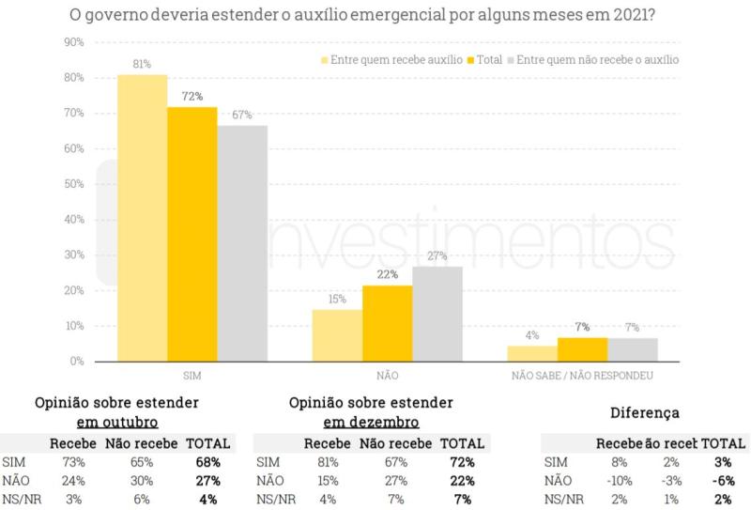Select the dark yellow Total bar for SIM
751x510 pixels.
click(x=192, y=234)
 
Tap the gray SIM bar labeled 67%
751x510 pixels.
click(x=242, y=243)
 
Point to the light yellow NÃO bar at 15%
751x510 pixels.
click(x=337, y=335)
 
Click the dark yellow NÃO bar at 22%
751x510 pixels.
click(x=388, y=323)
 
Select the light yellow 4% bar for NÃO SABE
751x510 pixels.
click(x=532, y=354)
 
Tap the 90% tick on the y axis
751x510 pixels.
click(x=73, y=43)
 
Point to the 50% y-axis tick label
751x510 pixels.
click(x=73, y=184)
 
